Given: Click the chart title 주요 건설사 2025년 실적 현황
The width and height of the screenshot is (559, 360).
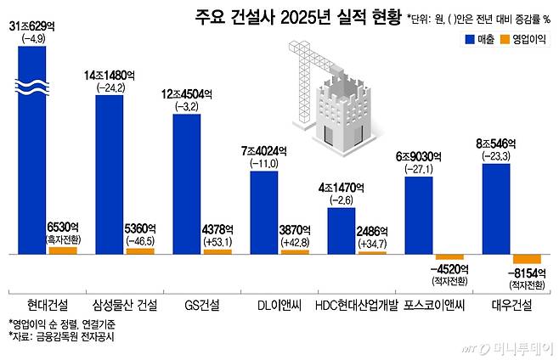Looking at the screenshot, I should tap(284, 16).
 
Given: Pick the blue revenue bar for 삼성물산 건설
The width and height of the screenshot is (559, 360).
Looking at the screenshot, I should tap(110, 174).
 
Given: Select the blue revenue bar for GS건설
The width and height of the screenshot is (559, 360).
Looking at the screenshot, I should tap(186, 183).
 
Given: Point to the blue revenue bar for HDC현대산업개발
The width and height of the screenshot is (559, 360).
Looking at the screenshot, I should tap(341, 230).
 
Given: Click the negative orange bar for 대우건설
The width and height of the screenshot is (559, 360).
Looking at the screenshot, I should tap(527, 259).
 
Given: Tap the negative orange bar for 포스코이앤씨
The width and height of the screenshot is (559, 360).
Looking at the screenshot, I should tap(449, 256).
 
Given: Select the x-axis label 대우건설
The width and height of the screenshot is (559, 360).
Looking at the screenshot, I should tap(513, 303).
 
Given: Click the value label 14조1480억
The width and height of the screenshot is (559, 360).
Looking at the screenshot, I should tap(111, 76).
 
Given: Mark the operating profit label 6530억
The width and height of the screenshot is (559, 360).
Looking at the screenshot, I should tap(62, 228).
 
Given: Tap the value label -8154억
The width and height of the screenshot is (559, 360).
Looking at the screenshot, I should tap(528, 273).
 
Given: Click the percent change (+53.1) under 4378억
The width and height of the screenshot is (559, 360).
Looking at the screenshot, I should tap(217, 242).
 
